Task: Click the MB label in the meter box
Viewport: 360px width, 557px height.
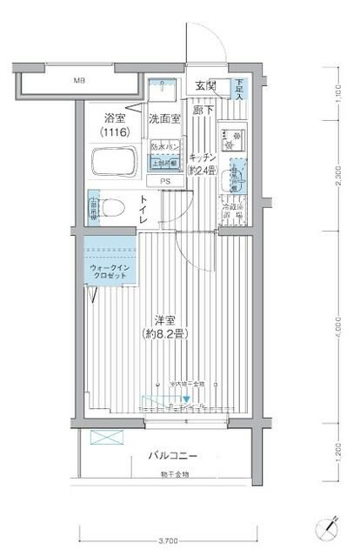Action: [x=80, y=81]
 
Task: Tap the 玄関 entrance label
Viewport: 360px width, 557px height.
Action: [x=205, y=85]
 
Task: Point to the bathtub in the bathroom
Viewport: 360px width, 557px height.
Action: [x=111, y=163]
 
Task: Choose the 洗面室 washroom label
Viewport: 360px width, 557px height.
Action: [x=163, y=118]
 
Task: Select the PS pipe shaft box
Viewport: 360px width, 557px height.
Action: [x=164, y=181]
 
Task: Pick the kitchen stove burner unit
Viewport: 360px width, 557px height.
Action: [x=233, y=140]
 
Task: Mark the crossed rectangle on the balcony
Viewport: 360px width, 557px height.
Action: [x=102, y=438]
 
